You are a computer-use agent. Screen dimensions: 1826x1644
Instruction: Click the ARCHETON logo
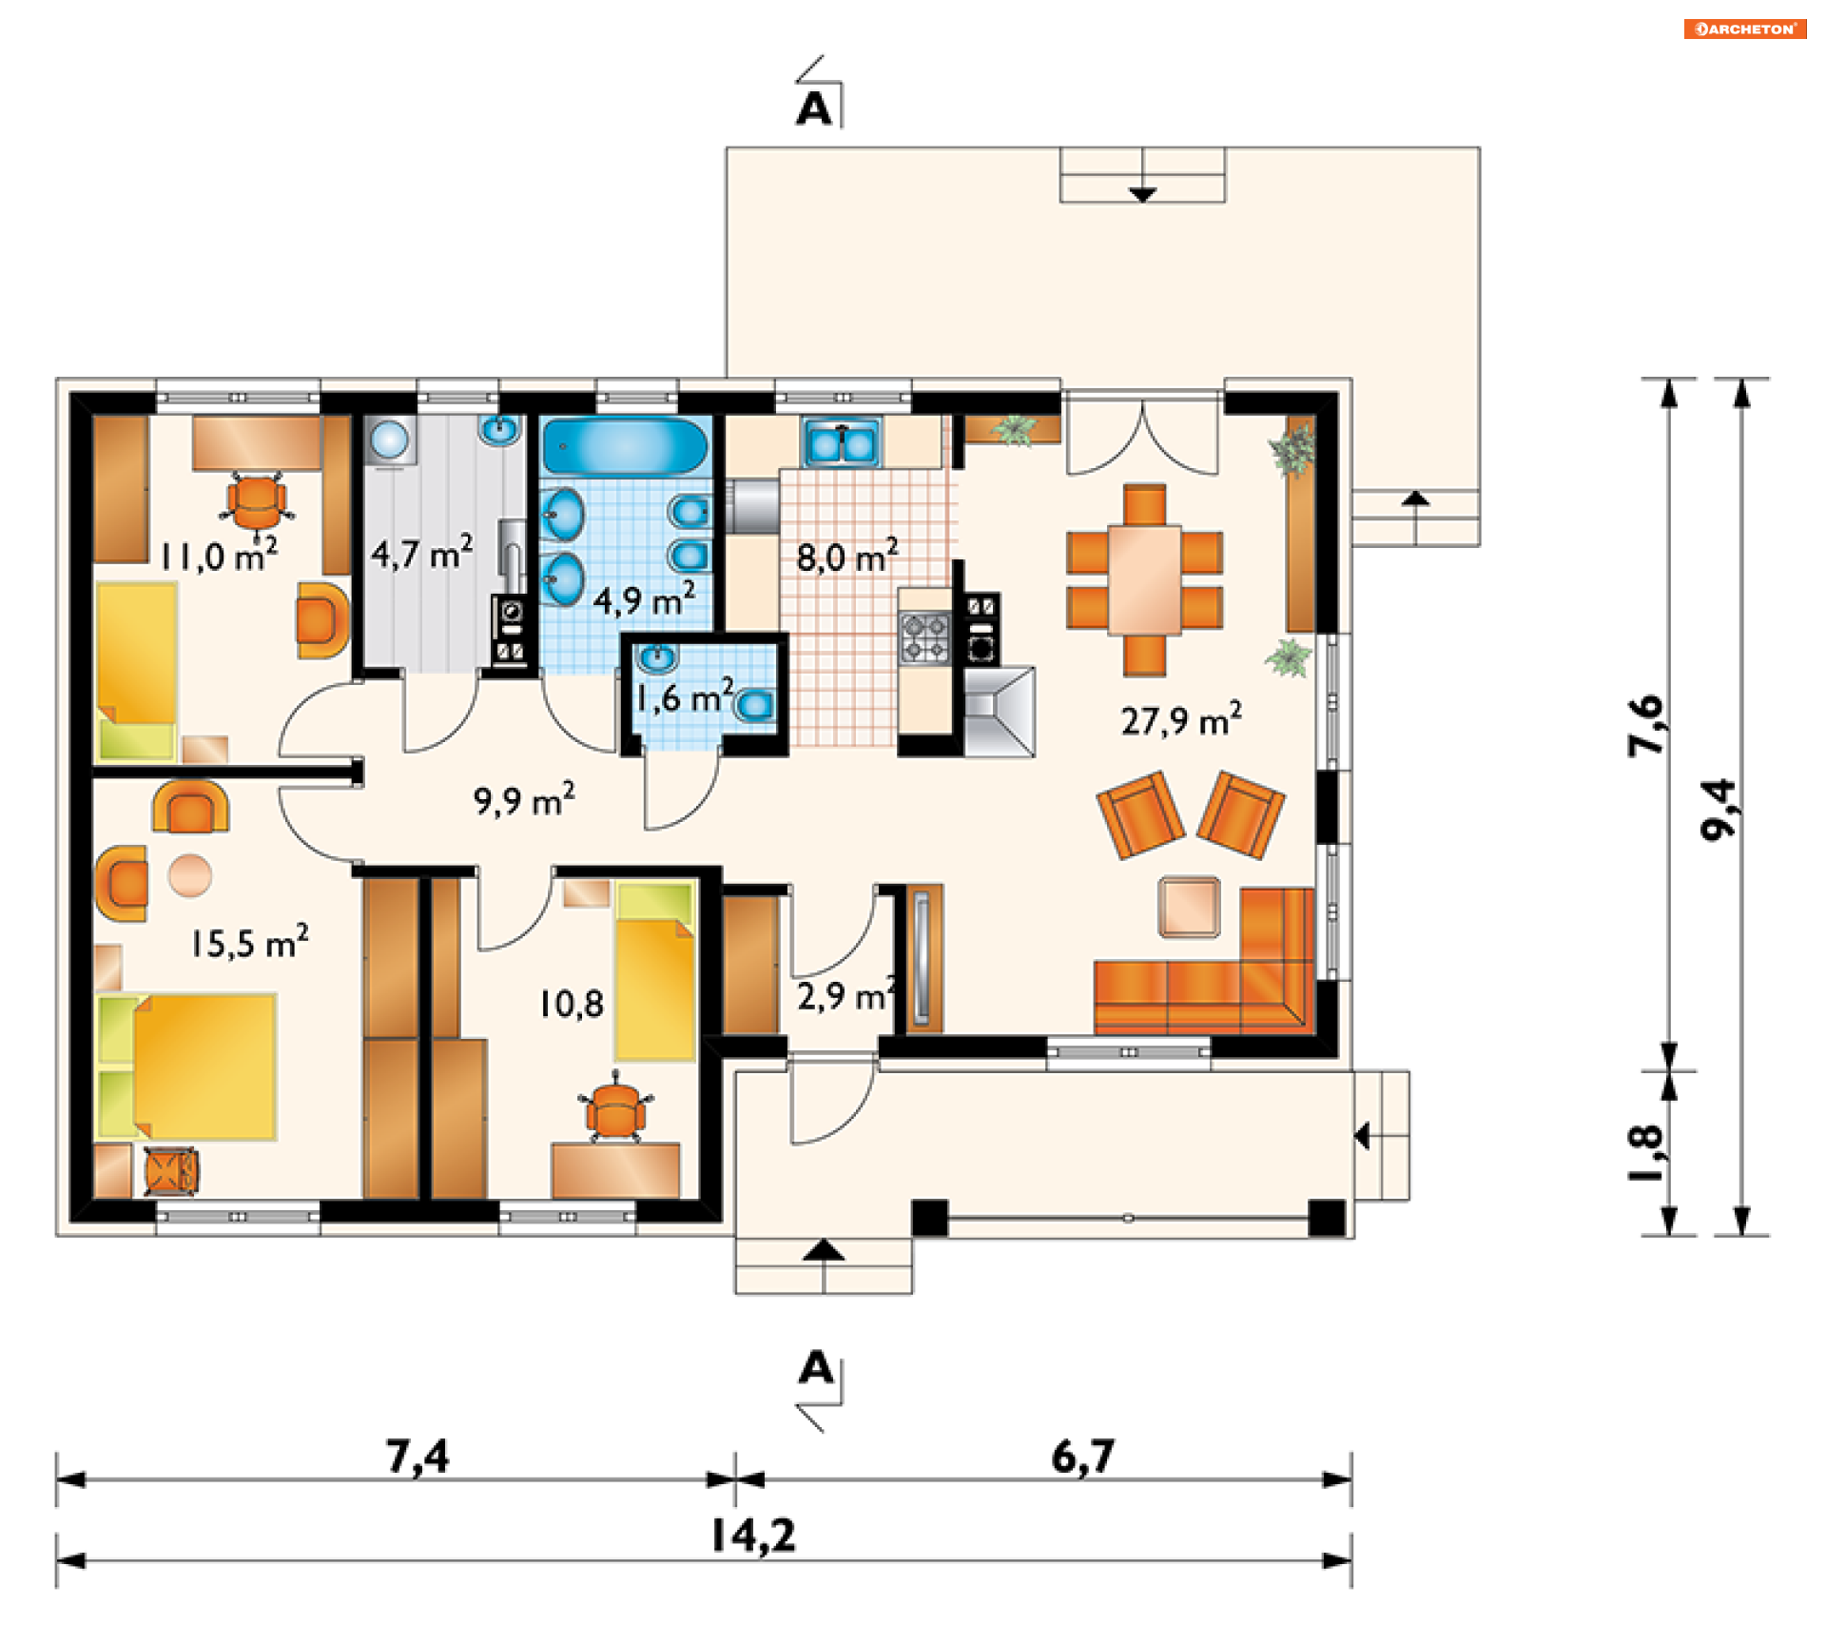click(1744, 29)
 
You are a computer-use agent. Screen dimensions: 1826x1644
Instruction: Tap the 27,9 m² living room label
click(1181, 719)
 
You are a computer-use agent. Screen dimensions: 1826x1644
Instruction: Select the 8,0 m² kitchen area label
click(846, 556)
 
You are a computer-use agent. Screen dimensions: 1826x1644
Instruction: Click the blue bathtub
click(625, 446)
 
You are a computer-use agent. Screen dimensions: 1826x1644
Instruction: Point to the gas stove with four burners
click(925, 636)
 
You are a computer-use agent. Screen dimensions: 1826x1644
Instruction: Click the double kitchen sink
click(842, 441)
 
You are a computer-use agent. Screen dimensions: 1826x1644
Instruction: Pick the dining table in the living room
click(1144, 579)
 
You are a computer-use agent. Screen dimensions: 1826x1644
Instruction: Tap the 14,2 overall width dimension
click(753, 1535)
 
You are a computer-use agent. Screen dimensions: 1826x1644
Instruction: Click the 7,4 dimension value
click(417, 1456)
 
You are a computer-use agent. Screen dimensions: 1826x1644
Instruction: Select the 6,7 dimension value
click(1082, 1456)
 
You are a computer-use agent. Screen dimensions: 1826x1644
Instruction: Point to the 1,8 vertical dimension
click(1646, 1153)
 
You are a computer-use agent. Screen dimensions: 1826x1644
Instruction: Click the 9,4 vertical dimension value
click(1718, 810)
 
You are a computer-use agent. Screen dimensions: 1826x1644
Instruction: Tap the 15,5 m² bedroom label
click(249, 942)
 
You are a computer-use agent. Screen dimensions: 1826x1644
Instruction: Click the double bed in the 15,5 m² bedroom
click(186, 1067)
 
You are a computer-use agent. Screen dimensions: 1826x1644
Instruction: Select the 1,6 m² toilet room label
click(684, 696)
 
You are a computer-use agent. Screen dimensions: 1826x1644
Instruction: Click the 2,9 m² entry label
click(846, 994)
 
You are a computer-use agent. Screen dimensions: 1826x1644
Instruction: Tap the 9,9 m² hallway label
click(524, 799)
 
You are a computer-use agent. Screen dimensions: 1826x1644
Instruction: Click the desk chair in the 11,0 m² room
click(256, 501)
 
